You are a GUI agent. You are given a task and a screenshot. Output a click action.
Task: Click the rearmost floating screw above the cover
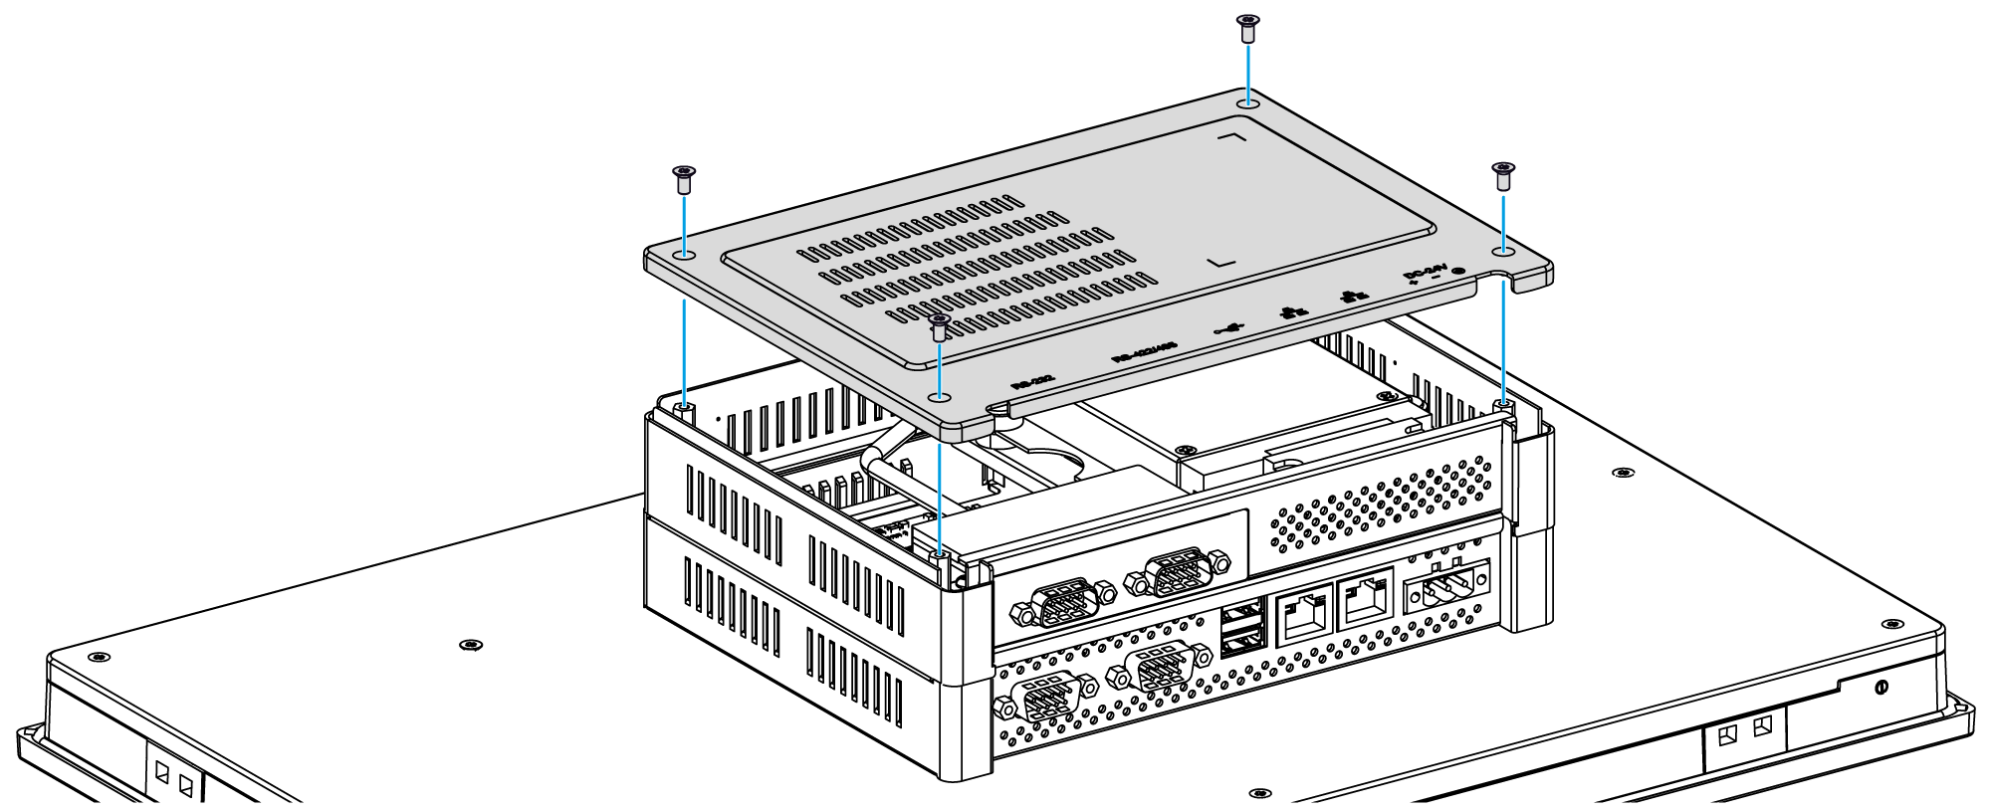tap(1247, 27)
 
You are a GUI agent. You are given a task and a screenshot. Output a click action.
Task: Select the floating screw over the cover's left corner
tap(683, 179)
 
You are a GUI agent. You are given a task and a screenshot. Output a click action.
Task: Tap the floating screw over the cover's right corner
tap(1502, 176)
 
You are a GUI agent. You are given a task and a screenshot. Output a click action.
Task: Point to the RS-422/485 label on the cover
tap(1144, 350)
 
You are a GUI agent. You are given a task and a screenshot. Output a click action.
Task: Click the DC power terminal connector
tap(1445, 586)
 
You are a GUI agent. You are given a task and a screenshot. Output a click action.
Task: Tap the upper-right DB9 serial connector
tap(1177, 574)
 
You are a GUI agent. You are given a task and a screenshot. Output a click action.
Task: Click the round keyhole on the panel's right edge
tap(1879, 688)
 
